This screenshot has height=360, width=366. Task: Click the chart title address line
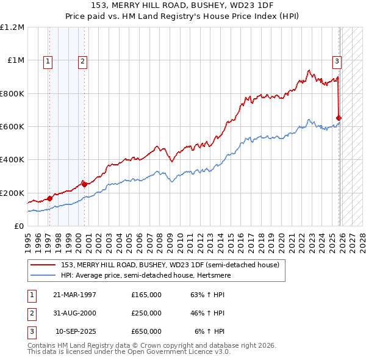coord(183,5)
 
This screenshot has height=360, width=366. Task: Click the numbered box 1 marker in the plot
coord(48,60)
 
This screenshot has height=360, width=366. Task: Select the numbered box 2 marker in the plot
coord(82,60)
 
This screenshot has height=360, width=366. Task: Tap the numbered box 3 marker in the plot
coord(336,60)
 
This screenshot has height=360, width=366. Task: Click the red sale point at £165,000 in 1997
coord(49,198)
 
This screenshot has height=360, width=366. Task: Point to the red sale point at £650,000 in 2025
coord(339,118)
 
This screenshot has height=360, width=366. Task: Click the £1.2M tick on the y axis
coord(12,27)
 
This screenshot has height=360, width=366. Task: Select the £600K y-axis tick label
coord(12,127)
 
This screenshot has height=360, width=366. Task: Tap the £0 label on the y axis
coord(18,226)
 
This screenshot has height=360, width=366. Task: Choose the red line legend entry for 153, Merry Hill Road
coord(170,265)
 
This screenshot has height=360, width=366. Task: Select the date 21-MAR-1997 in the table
coord(74,295)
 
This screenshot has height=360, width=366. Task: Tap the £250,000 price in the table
coord(146,313)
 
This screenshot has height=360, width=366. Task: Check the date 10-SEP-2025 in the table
coord(76,331)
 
